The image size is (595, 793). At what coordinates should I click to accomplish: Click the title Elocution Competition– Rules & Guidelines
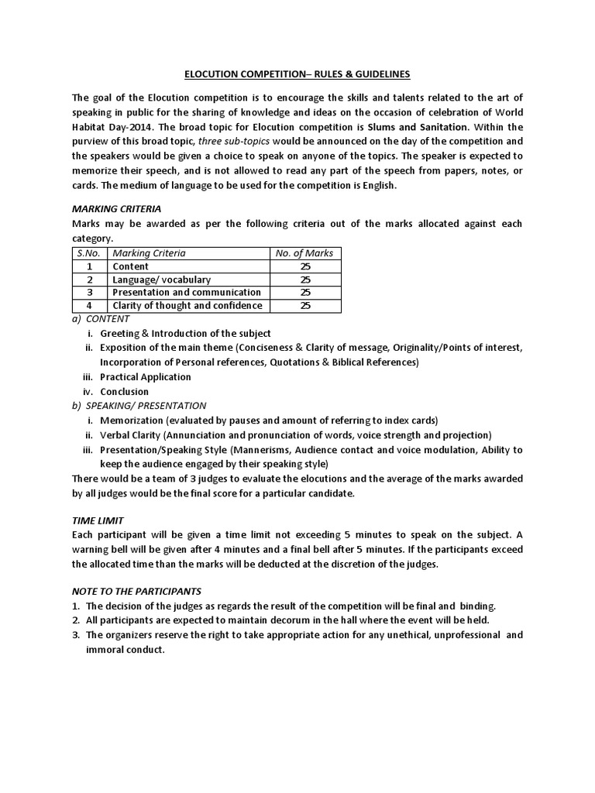tap(297, 74)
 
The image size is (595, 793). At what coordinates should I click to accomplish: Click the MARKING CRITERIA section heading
tap(116, 208)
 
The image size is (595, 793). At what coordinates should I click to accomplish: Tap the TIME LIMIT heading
tap(98, 521)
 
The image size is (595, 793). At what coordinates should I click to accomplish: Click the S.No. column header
tap(90, 252)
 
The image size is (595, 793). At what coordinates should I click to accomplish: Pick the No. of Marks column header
tap(304, 252)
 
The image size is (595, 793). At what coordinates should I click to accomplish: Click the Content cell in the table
tap(131, 266)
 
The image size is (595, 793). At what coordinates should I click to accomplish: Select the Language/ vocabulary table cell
tap(161, 279)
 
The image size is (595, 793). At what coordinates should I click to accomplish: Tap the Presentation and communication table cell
tap(186, 292)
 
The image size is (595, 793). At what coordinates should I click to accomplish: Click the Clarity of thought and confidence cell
tap(187, 305)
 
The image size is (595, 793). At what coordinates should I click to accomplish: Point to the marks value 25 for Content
tap(304, 266)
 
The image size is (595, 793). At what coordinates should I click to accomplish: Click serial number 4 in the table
tap(90, 305)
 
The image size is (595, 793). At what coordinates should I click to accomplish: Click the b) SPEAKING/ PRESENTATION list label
tap(139, 405)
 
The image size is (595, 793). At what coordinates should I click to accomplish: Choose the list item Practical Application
tap(146, 377)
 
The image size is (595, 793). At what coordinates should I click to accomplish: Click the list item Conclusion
tap(125, 391)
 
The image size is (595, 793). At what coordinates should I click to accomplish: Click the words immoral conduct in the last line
tap(126, 649)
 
